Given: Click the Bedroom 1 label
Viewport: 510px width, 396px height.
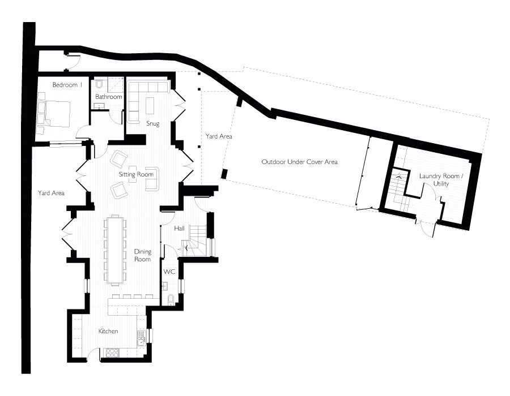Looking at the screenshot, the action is (x=67, y=85).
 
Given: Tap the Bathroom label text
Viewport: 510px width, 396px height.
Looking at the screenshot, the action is (x=109, y=97).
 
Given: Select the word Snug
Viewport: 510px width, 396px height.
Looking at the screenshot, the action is (x=153, y=124).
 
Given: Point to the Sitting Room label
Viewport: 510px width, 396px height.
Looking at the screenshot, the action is (x=136, y=174).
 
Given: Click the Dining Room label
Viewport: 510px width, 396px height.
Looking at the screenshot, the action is (x=143, y=256).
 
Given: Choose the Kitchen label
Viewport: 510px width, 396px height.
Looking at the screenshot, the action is (x=108, y=332).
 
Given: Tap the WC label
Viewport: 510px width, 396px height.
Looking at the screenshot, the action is (x=169, y=272).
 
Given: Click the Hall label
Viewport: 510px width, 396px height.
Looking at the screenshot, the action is (x=179, y=229).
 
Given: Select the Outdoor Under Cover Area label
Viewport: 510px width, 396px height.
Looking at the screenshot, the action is (x=300, y=162).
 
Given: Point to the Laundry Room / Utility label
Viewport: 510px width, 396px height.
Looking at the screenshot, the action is (x=439, y=180).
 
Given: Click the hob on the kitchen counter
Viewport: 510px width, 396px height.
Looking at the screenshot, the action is (x=112, y=352).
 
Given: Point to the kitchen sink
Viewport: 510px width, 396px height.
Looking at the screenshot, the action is (x=141, y=341).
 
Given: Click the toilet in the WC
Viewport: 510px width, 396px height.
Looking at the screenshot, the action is (x=171, y=300).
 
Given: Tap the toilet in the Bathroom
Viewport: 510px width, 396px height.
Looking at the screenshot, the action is (x=99, y=84).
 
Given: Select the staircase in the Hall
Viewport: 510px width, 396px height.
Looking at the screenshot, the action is (x=194, y=241).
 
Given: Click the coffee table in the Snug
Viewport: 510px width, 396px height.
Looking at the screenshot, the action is (x=150, y=105).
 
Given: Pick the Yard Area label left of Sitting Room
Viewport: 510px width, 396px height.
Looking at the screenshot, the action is (x=51, y=193).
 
